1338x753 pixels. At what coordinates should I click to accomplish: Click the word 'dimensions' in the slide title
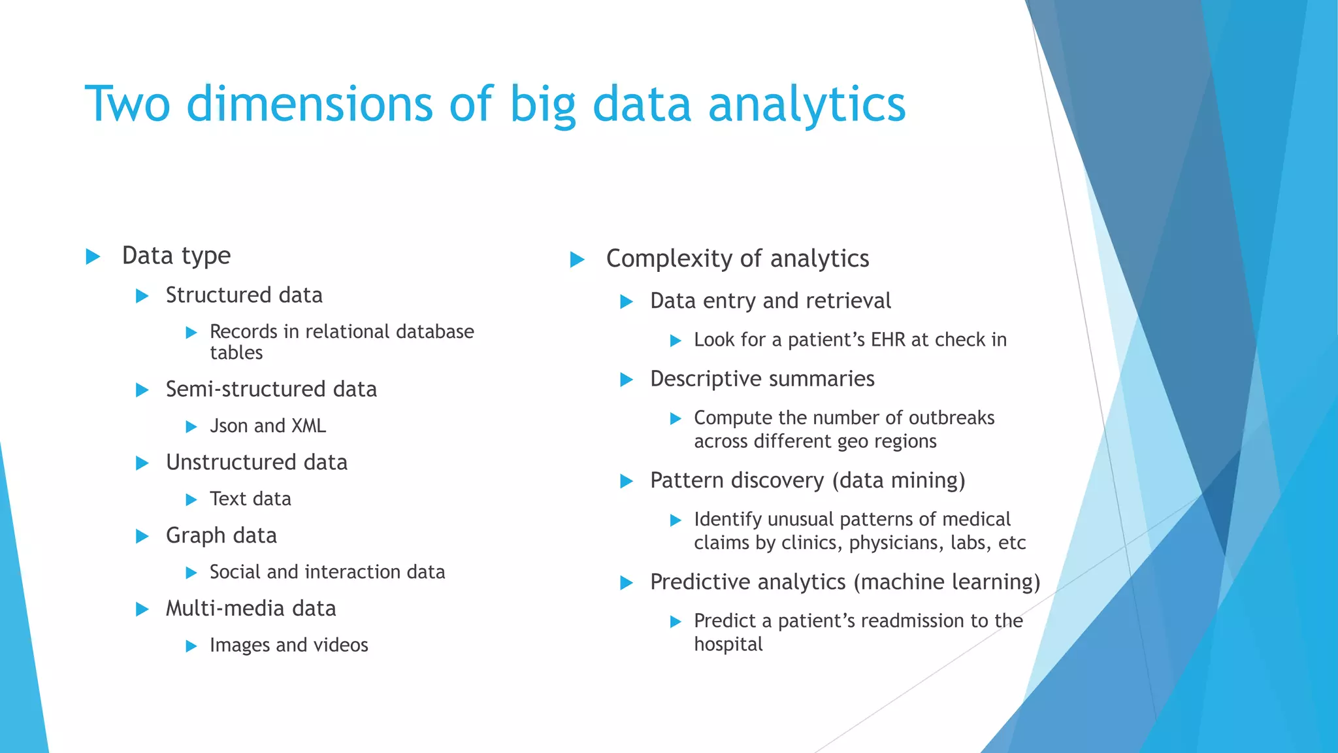click(x=309, y=105)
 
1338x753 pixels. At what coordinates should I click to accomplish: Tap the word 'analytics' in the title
click(x=807, y=105)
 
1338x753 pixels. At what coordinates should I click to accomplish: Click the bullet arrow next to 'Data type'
click(x=93, y=256)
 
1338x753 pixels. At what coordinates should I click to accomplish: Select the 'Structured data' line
click(x=244, y=295)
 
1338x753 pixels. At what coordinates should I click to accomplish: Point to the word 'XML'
click(x=308, y=426)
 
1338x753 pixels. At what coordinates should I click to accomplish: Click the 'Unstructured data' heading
click(x=256, y=463)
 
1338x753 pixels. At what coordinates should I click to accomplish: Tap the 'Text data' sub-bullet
click(x=250, y=499)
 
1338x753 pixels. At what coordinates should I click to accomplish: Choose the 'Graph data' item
click(x=221, y=536)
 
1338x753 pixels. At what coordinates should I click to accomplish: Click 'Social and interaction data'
click(x=327, y=573)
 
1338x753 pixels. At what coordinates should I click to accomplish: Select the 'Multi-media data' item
click(x=251, y=609)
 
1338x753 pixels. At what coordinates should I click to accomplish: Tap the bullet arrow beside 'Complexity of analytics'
click(x=577, y=260)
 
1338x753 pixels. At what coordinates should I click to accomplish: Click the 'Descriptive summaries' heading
click(x=762, y=379)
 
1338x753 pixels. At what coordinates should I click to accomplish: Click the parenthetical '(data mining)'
click(x=898, y=481)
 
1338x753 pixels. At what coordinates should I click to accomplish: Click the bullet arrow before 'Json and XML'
click(x=191, y=427)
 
